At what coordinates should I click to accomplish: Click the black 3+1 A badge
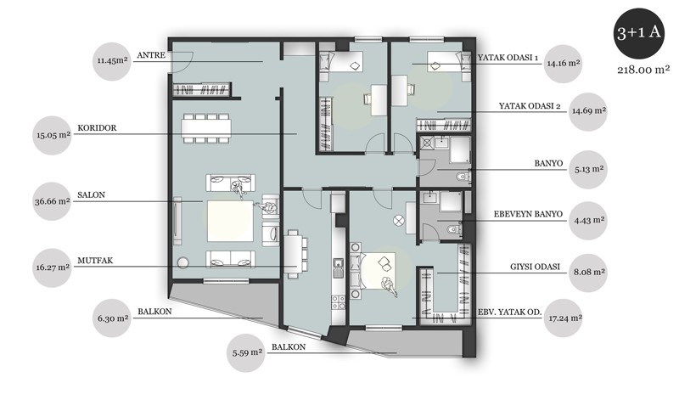[639, 34]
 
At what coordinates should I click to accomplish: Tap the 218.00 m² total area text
[643, 70]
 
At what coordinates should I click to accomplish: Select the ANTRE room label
[151, 55]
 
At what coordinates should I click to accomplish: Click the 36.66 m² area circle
[52, 201]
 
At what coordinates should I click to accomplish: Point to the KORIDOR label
[97, 128]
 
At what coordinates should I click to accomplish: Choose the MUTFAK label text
[95, 261]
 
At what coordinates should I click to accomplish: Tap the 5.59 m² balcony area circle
[246, 353]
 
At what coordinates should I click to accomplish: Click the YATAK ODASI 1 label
[508, 58]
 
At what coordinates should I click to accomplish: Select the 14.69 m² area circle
[588, 111]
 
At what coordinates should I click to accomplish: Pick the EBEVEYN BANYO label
[528, 214]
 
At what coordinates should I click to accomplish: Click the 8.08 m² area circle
[588, 273]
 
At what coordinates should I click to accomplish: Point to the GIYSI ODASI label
[535, 267]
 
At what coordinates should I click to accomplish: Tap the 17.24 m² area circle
[564, 318]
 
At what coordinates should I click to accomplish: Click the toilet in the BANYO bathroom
[463, 177]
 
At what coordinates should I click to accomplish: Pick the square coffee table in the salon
[230, 221]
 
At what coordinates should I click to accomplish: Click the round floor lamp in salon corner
[182, 263]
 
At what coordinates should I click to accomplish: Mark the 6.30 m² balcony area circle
[113, 318]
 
